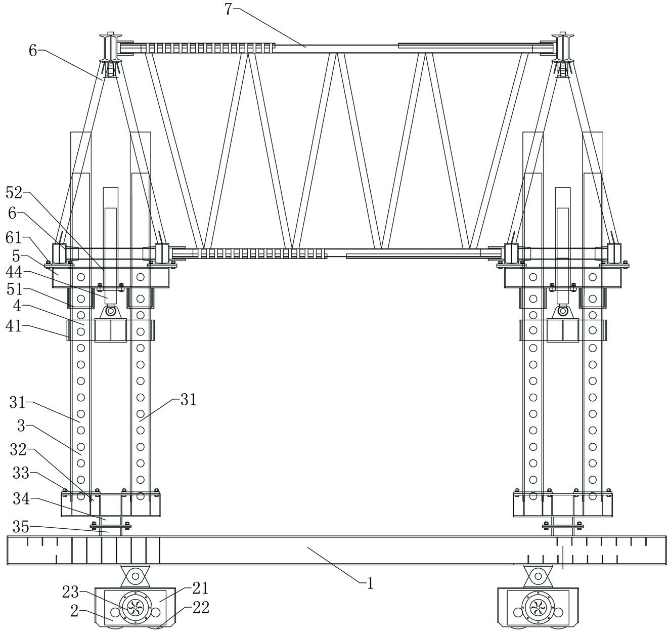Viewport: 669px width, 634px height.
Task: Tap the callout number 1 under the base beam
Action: point(370,583)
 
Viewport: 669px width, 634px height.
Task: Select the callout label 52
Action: point(14,192)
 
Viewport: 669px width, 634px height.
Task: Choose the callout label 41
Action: point(14,326)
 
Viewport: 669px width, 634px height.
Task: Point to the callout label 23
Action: point(70,591)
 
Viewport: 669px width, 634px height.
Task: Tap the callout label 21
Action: point(200,588)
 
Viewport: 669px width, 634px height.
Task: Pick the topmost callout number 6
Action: point(33,51)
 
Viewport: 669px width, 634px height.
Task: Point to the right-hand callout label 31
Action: point(188,400)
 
